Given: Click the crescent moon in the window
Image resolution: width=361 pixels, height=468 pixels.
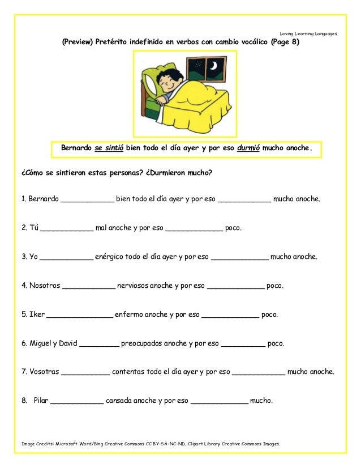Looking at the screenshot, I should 213,67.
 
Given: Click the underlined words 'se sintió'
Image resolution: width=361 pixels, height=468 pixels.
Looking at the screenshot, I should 109,149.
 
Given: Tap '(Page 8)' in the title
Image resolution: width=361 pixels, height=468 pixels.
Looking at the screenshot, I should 285,42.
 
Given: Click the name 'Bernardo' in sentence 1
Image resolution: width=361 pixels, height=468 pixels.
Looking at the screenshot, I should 40,199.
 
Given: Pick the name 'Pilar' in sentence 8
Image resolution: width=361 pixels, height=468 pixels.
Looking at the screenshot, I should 41,401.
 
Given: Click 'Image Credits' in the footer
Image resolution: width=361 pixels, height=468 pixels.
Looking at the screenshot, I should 38,444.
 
